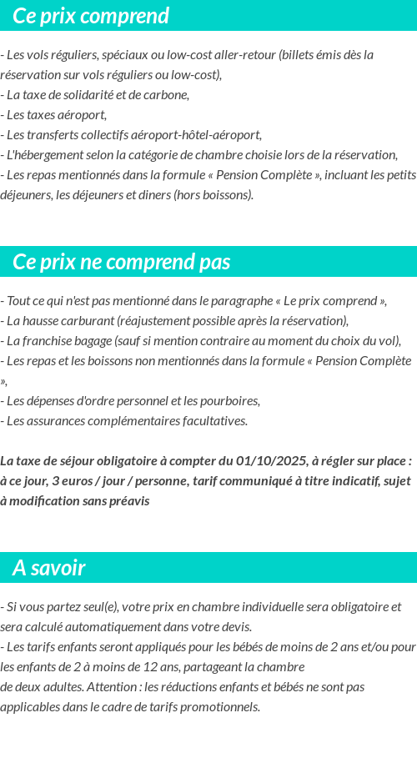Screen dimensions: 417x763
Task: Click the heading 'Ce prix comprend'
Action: click(x=91, y=16)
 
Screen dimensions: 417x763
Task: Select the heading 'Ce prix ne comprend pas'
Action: click(x=121, y=262)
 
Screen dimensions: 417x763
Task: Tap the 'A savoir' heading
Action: click(x=48, y=568)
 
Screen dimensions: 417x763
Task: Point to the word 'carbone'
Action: click(x=167, y=94)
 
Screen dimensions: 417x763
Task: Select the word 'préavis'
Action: click(x=128, y=501)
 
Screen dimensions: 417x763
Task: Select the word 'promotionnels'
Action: click(x=220, y=706)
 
